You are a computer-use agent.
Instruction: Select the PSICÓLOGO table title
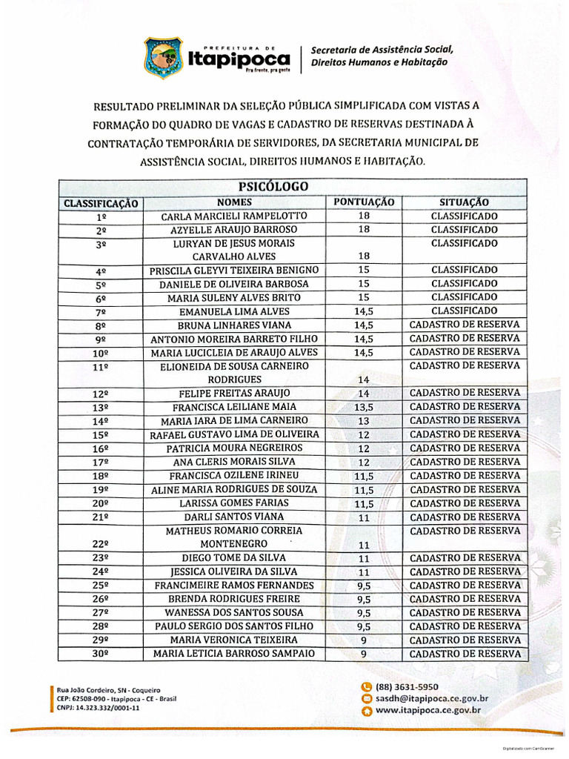click(x=273, y=186)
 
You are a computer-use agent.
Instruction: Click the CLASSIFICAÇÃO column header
click(x=101, y=203)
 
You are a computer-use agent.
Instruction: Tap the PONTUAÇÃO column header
click(x=364, y=202)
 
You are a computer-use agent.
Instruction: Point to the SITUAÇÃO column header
click(x=464, y=202)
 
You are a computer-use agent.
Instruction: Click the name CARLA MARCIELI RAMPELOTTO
click(x=233, y=216)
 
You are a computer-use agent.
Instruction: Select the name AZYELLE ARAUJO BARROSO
click(x=233, y=230)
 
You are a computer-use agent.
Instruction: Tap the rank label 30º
click(x=101, y=654)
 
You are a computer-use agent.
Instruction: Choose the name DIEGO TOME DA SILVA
click(x=233, y=558)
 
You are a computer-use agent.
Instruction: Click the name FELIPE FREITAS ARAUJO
click(x=233, y=394)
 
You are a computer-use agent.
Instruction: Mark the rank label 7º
click(x=101, y=312)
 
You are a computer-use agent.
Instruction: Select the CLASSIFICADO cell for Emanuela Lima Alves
click(x=464, y=311)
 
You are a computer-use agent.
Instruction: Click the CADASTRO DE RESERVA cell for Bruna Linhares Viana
click(x=464, y=325)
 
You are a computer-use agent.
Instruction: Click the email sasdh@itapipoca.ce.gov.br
click(x=431, y=698)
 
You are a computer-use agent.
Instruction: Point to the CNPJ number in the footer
click(x=98, y=708)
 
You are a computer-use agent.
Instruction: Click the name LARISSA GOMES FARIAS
click(x=233, y=503)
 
